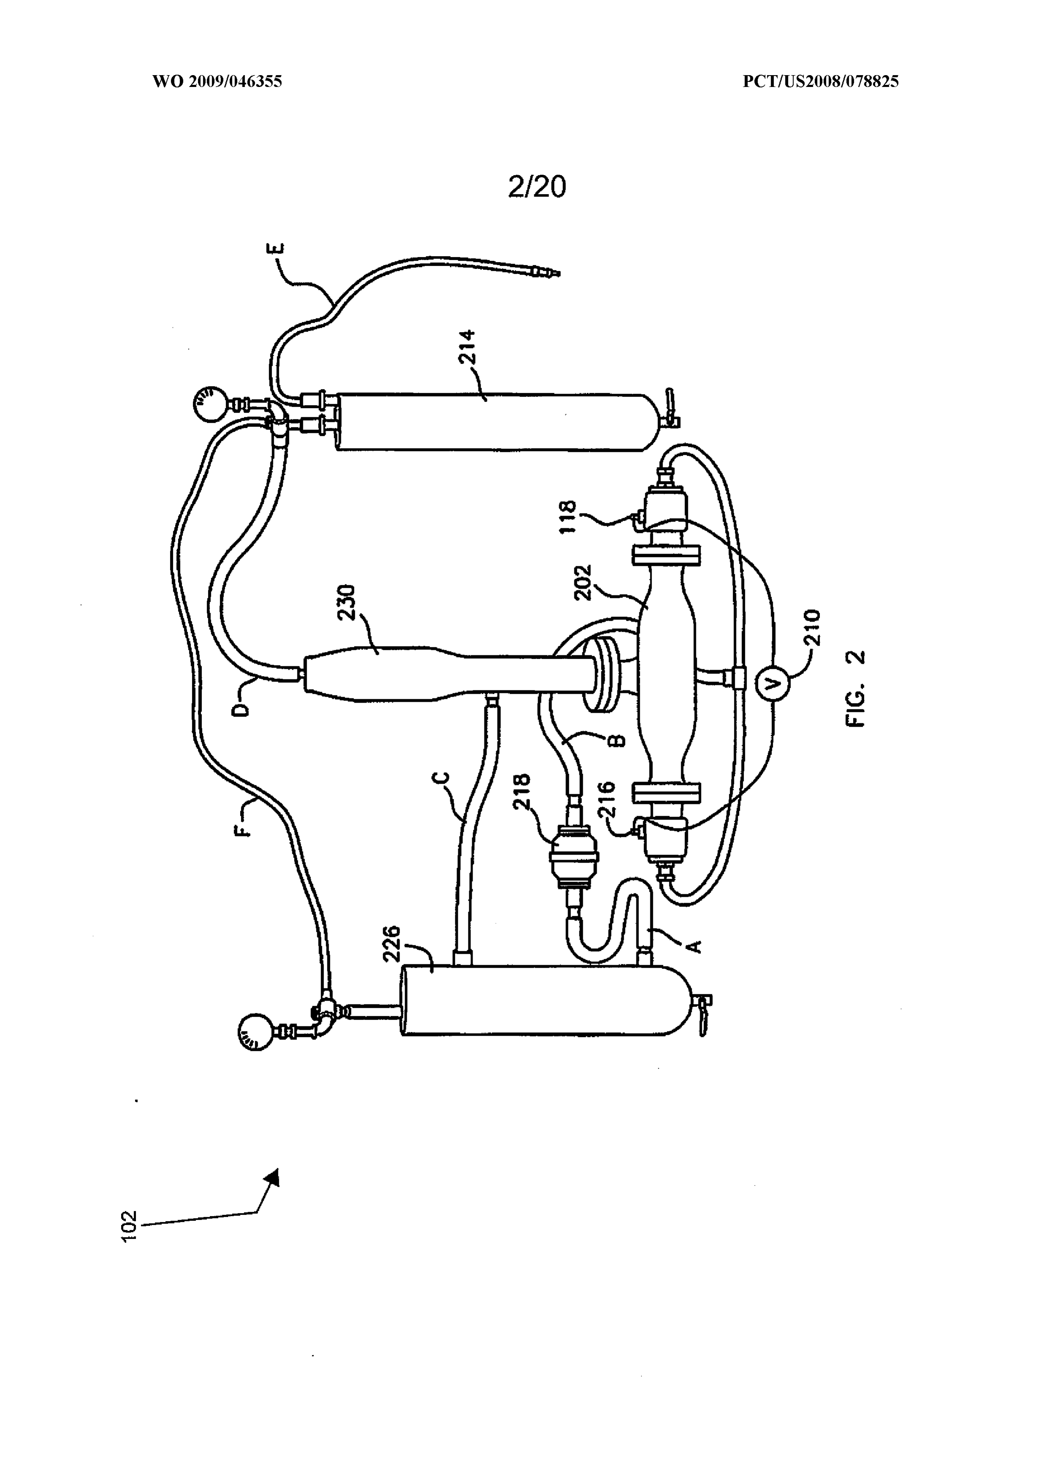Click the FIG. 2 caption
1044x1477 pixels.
point(856,688)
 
